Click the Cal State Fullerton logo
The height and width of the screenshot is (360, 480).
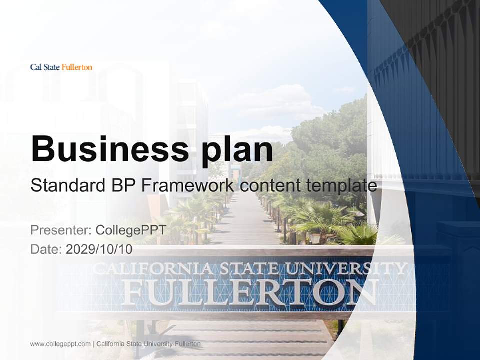(61, 67)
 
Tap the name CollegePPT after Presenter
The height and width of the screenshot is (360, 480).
(130, 230)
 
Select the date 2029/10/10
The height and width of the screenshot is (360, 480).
(99, 249)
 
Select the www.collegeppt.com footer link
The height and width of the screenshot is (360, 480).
(60, 344)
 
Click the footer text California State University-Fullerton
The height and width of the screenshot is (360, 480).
(148, 344)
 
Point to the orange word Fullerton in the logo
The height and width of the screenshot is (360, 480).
(77, 67)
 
